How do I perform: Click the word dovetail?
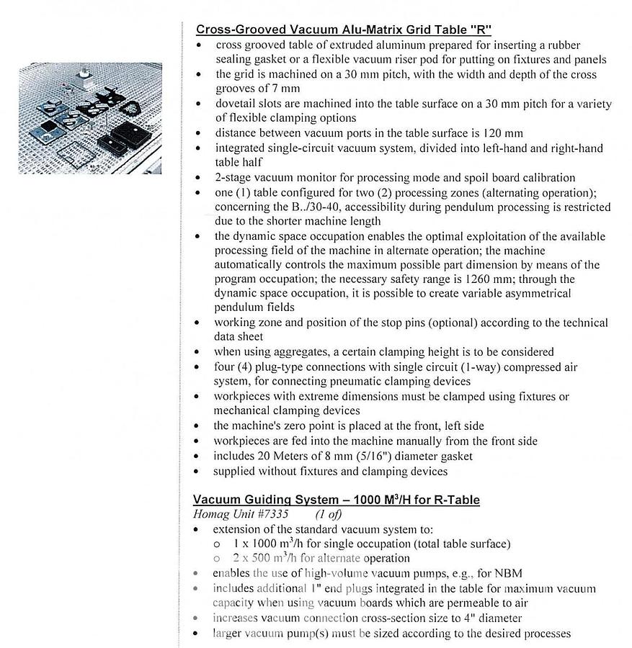(236, 104)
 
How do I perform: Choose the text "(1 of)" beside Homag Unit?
(328, 514)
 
